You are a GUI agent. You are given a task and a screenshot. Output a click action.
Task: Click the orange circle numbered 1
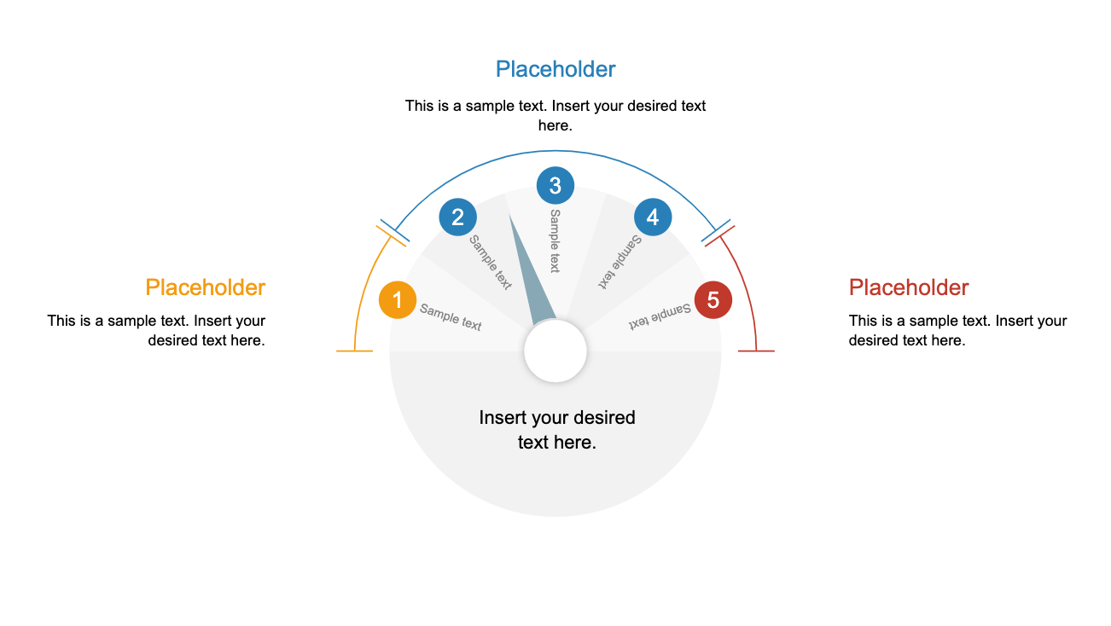pos(397,300)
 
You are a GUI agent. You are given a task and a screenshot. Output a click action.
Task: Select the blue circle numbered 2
pos(457,217)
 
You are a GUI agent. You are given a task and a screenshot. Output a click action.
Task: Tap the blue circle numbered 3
pos(555,185)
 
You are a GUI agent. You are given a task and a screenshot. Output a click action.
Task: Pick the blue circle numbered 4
pos(653,217)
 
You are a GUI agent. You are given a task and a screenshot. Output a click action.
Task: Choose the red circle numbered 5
pos(713,300)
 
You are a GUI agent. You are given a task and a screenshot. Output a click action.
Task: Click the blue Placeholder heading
pos(555,69)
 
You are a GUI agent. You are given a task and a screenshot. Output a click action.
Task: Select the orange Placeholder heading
pos(205,287)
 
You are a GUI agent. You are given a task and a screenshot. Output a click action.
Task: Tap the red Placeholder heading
pos(909,287)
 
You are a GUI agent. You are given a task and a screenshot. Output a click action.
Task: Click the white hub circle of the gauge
pos(555,351)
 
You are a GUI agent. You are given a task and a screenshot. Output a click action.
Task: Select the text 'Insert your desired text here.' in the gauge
pos(556,430)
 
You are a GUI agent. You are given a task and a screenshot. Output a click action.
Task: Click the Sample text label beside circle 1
pos(451,317)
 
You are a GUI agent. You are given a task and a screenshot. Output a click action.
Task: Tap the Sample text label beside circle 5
pos(660,316)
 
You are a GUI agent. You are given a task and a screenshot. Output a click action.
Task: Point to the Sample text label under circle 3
pos(555,241)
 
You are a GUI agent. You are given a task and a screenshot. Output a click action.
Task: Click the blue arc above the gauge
pos(555,152)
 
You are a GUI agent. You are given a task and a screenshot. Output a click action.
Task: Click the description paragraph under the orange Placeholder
pos(157,330)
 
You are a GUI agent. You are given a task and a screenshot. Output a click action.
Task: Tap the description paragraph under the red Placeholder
pos(957,330)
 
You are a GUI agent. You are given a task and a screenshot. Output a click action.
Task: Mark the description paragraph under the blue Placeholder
pos(555,115)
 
